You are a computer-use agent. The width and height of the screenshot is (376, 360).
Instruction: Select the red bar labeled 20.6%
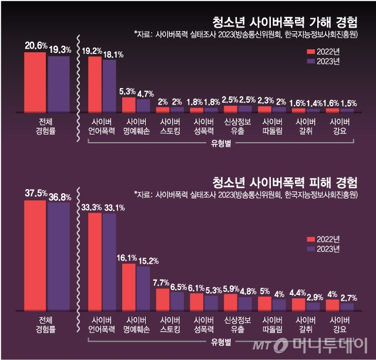tap(35, 82)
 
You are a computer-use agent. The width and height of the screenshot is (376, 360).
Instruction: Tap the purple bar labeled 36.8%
tap(58, 256)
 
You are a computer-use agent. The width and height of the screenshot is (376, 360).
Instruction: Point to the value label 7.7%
tap(161, 282)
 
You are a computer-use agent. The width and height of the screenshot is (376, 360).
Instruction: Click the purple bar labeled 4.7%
tap(143, 105)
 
